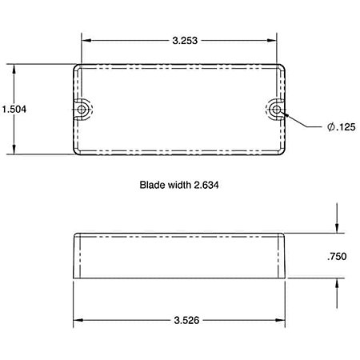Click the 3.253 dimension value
(x=185, y=41)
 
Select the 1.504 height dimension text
(x=14, y=110)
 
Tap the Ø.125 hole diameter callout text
(x=342, y=127)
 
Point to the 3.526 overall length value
(x=186, y=320)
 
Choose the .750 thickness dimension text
(x=337, y=257)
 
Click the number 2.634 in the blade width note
(x=206, y=185)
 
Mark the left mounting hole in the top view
(x=82, y=110)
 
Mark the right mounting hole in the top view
(x=277, y=110)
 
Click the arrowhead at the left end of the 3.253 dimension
(x=86, y=41)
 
